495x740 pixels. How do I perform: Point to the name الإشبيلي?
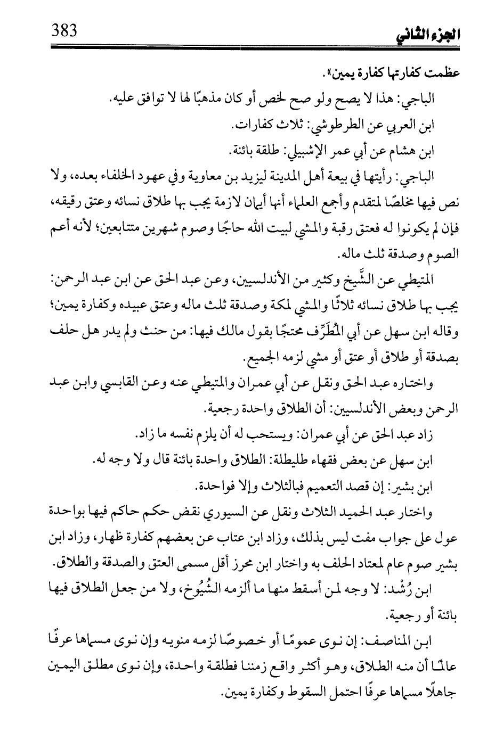(285, 153)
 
